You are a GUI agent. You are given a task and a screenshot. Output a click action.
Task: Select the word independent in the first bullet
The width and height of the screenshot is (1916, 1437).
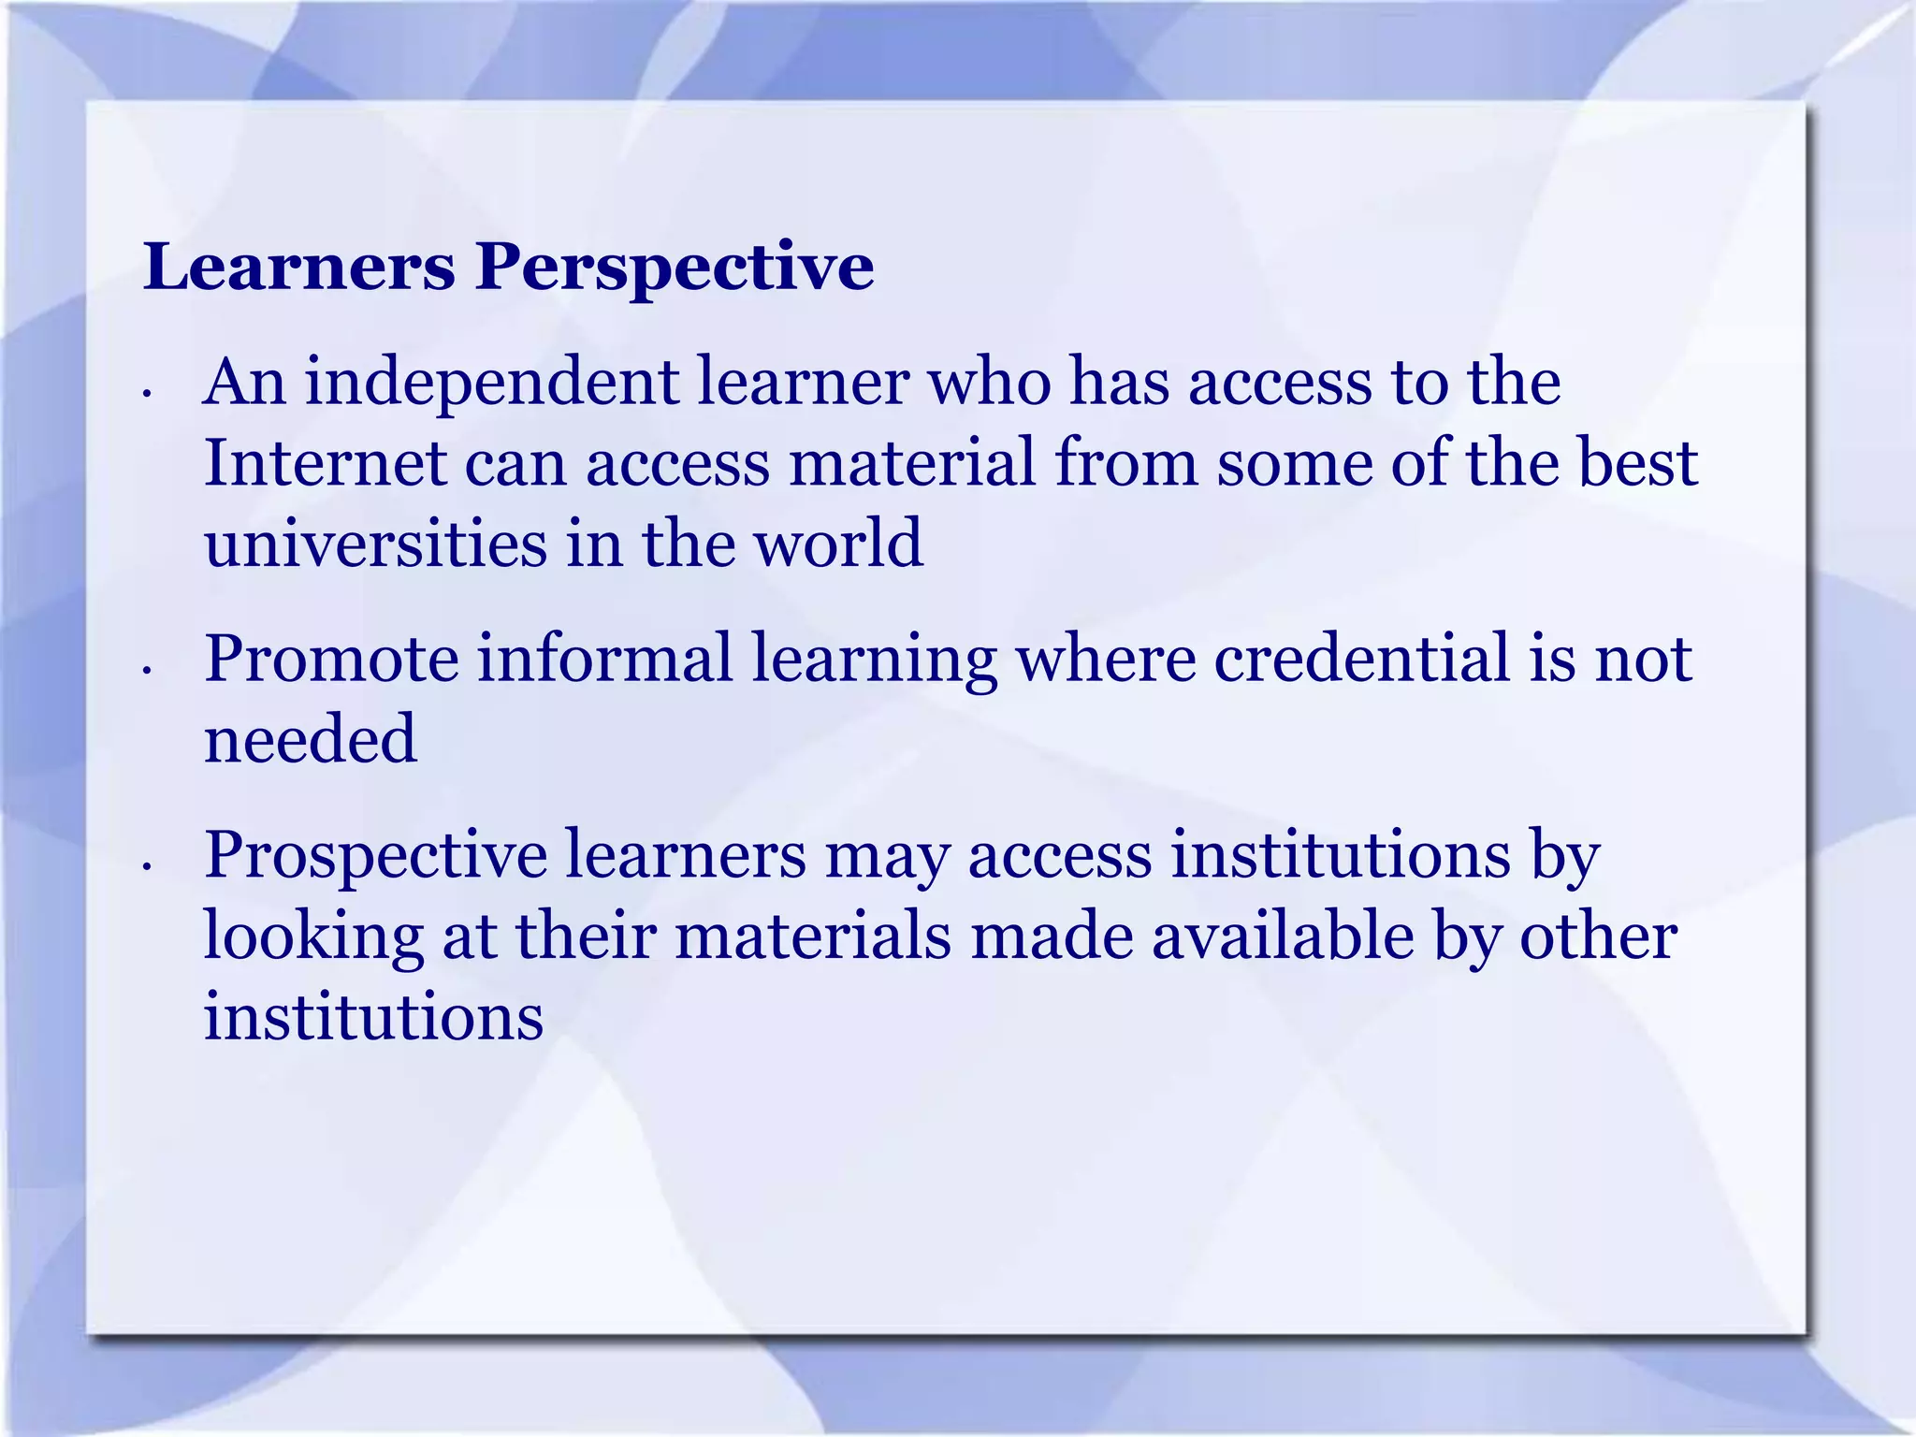click(491, 383)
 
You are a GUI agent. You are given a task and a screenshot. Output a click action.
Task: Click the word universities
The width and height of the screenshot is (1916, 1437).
click(375, 544)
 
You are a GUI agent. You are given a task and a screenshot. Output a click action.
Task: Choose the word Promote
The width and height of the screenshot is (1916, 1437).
click(331, 659)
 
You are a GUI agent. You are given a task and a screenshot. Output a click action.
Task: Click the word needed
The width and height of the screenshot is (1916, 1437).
click(310, 739)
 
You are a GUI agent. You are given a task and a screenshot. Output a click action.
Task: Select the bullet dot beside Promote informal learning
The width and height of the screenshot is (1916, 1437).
click(146, 670)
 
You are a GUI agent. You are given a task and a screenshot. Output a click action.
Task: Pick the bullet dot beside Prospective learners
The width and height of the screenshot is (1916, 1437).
click(146, 867)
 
